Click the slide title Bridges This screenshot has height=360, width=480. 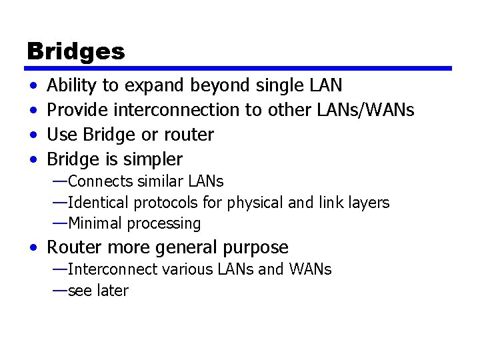tap(75, 51)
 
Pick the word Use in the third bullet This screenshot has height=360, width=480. tap(63, 135)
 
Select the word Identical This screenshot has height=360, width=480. tap(97, 203)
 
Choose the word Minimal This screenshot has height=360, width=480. tap(93, 224)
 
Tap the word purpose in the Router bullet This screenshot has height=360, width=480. tap(255, 248)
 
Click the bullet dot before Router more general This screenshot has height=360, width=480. tap(33, 249)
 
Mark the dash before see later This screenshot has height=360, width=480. tap(59, 291)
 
